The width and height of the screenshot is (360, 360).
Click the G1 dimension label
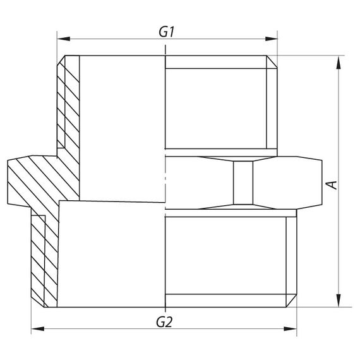[167, 32]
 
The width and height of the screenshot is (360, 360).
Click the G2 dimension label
[164, 322]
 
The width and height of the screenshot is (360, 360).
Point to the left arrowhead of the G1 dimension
[63, 39]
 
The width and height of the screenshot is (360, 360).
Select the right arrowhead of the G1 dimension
[271, 39]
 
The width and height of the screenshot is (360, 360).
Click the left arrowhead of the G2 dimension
[38, 329]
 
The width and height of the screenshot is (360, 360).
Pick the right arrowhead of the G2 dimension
[290, 329]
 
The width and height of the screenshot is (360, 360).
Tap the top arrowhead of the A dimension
[339, 63]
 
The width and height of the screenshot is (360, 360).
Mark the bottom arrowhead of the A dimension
[339, 300]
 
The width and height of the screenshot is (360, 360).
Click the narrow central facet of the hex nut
[243, 183]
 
